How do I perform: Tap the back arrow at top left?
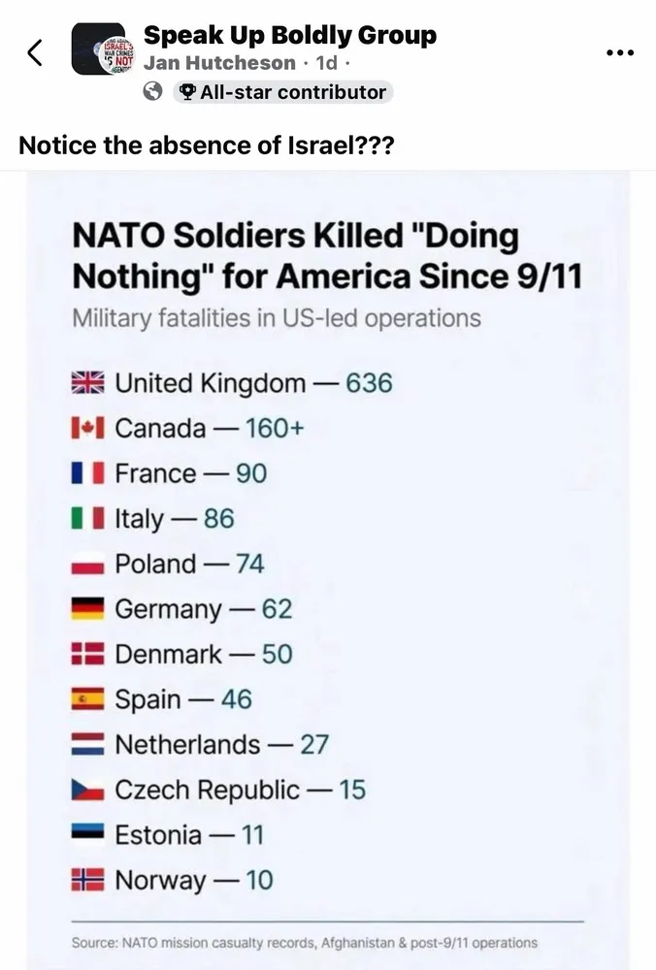coord(35,53)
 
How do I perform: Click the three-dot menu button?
coord(619,52)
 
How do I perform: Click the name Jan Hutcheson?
coord(220,64)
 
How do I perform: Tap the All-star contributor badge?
coord(282,92)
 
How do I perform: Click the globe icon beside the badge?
coord(152,92)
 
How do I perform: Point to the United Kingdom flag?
coord(87,383)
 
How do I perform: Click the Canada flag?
coord(87,428)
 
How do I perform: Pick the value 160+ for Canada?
coord(275,428)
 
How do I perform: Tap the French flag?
coord(87,473)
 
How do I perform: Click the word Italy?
coord(140,519)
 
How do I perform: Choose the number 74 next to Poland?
coord(249,564)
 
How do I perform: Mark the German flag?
coord(87,609)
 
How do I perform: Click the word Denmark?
coord(168,654)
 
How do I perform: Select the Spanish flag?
coord(87,699)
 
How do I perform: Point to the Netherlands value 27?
coord(313,744)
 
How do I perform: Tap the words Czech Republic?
coord(207,790)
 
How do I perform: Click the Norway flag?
coord(87,880)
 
